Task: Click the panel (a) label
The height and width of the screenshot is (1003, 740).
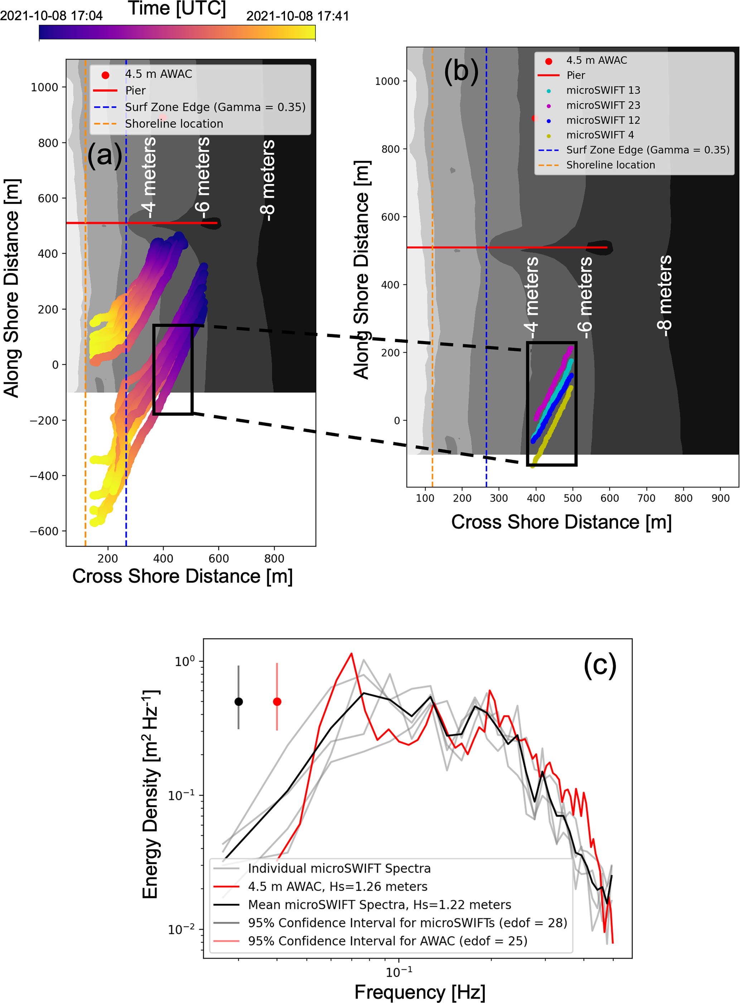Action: point(105,155)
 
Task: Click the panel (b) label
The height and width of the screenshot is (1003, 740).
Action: point(461,71)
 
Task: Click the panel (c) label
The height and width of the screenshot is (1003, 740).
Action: point(599,666)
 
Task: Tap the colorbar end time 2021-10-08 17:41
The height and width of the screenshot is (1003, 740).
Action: point(298,16)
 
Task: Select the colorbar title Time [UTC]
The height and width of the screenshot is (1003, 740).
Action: point(177,8)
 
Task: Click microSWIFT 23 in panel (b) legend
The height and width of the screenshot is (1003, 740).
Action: point(603,105)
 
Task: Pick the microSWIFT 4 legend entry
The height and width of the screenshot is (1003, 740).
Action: point(600,135)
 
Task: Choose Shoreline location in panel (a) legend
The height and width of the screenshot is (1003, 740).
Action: point(174,124)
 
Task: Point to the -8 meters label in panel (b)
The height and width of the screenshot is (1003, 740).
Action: point(665,296)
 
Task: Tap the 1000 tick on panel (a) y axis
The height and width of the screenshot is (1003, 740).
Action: point(44,87)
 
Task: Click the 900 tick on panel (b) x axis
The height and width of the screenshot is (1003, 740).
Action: point(720,498)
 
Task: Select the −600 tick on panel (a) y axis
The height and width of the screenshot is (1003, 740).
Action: point(44,532)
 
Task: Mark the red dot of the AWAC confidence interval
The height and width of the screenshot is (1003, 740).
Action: point(277,702)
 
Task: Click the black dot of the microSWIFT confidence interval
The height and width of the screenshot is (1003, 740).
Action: point(239,702)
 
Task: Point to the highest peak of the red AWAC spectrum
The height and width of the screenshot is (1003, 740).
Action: point(351,654)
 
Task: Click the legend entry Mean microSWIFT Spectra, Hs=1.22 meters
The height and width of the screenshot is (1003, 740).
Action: point(379,904)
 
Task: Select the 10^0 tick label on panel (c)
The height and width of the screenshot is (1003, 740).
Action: point(184,662)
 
